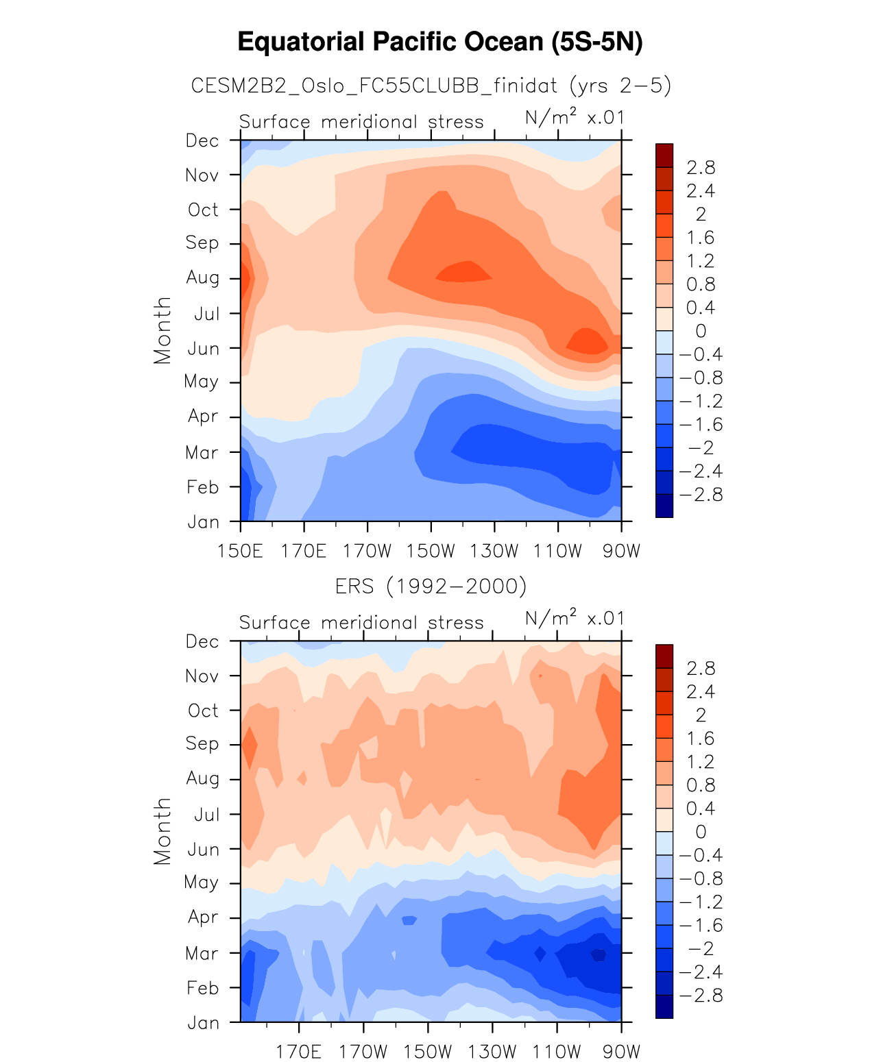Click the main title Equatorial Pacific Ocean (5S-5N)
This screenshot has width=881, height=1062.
pyautogui.click(x=440, y=42)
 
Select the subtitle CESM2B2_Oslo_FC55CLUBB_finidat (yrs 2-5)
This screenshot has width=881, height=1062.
pyautogui.click(x=431, y=86)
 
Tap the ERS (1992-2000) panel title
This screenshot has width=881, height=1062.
pyautogui.click(x=431, y=586)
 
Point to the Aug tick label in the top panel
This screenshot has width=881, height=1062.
pyautogui.click(x=202, y=278)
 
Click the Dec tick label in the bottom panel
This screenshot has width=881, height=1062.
pyautogui.click(x=202, y=642)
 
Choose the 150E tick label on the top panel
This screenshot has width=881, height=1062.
pyautogui.click(x=240, y=551)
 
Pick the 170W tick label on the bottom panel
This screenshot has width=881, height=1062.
pyautogui.click(x=363, y=1052)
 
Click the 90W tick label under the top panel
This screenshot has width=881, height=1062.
pyautogui.click(x=621, y=551)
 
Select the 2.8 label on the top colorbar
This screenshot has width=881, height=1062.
pyautogui.click(x=700, y=167)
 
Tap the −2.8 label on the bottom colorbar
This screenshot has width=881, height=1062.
pyautogui.click(x=700, y=996)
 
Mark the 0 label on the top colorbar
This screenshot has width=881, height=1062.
pyautogui.click(x=700, y=331)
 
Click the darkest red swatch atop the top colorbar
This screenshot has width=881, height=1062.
pyautogui.click(x=664, y=156)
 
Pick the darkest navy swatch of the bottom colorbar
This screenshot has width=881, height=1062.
pyautogui.click(x=664, y=1007)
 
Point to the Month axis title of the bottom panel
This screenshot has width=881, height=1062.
pyautogui.click(x=162, y=831)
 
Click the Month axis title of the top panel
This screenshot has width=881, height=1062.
pyautogui.click(x=162, y=330)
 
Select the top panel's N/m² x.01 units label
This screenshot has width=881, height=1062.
pyautogui.click(x=575, y=118)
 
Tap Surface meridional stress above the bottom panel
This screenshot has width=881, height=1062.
pyautogui.click(x=361, y=623)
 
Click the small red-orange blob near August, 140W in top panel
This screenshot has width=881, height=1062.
pyautogui.click(x=465, y=272)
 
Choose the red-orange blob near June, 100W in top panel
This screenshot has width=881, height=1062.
pyautogui.click(x=587, y=341)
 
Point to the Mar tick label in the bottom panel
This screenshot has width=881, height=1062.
pyautogui.click(x=202, y=954)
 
